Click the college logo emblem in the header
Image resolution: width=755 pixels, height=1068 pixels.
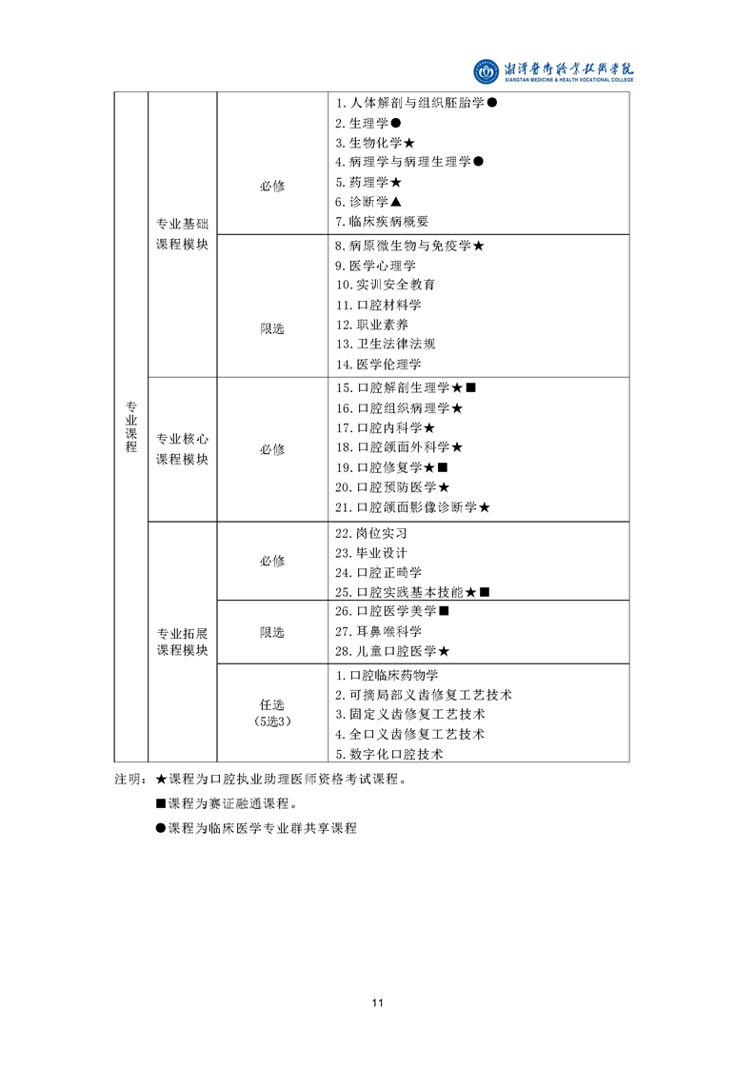tap(486, 71)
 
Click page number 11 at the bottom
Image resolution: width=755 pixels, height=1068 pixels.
tap(377, 1002)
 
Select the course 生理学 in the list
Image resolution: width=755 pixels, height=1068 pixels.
tap(368, 124)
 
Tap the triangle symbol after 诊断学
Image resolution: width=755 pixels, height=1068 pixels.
tap(396, 202)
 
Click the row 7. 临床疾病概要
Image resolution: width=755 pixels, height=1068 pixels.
tap(382, 222)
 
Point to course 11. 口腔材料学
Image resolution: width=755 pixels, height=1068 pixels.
tap(378, 306)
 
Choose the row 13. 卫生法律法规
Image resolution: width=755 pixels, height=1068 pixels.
tap(385, 344)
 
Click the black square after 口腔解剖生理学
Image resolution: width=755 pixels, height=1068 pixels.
tap(471, 387)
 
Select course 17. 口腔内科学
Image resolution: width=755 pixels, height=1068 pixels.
tap(385, 427)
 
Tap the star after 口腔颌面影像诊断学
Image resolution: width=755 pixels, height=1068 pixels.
tap(485, 507)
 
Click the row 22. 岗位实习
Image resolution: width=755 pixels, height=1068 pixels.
tap(370, 533)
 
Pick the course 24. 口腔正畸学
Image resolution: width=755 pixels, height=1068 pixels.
tap(378, 573)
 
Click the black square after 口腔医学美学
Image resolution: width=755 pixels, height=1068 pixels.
tap(445, 611)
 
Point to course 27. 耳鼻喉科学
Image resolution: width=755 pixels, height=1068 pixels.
tap(378, 631)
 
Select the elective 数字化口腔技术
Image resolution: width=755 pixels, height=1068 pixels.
tap(389, 754)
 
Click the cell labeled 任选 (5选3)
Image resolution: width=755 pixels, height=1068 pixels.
tap(272, 712)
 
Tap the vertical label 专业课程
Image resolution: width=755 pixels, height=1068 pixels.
tap(130, 426)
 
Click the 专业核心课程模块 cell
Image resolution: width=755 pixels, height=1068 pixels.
tap(182, 449)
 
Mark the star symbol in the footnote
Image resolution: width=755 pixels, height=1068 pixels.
tap(162, 780)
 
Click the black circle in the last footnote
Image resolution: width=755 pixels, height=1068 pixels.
tap(161, 828)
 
